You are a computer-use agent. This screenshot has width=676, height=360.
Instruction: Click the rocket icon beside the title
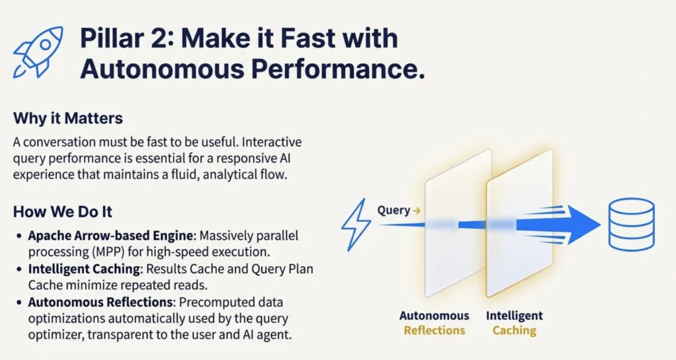[x=38, y=52]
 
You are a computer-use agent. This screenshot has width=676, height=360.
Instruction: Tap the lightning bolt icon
[x=356, y=225]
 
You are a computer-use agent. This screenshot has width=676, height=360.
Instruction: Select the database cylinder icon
[x=631, y=224]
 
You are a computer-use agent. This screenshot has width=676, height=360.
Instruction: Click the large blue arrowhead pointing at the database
[x=582, y=225]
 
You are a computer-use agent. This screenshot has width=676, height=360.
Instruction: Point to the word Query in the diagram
[x=393, y=211]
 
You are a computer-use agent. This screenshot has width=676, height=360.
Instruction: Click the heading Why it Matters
[x=68, y=118]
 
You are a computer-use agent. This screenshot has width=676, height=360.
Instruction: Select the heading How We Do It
[x=63, y=211]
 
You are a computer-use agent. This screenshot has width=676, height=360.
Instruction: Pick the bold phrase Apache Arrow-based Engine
[x=111, y=236]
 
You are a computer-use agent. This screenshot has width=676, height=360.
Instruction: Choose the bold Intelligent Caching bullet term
[x=84, y=269]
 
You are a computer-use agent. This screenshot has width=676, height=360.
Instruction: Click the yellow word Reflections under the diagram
[x=434, y=331]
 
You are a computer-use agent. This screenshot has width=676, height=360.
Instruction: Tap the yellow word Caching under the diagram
[x=514, y=331]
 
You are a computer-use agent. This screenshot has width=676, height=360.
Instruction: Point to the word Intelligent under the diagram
[x=514, y=316]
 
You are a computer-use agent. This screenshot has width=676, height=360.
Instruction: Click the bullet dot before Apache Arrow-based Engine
[x=19, y=236]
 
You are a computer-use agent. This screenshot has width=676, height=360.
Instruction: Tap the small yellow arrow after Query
[x=417, y=211]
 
